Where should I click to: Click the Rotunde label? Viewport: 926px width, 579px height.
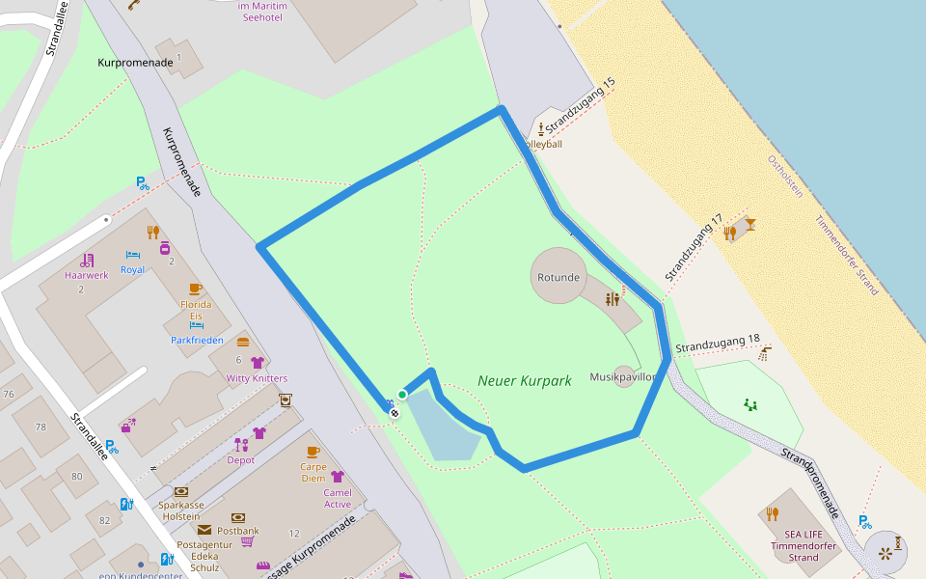tap(558, 278)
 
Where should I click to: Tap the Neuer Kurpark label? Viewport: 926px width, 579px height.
tap(525, 381)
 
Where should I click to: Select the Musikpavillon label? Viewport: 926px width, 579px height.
tap(623, 377)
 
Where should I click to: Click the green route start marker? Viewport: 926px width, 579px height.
tap(402, 395)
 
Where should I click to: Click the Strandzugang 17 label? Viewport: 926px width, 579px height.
tap(694, 248)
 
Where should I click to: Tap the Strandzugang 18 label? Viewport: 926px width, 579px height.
tap(718, 344)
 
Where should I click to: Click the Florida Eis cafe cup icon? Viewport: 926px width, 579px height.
tap(195, 289)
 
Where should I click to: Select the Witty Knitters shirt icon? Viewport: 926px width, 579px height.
tap(257, 363)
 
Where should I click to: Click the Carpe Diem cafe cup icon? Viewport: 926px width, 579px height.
tap(313, 452)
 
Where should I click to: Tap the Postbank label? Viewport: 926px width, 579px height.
tap(238, 531)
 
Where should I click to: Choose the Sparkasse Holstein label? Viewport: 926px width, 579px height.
tap(180, 510)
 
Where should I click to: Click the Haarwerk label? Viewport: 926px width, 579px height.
tap(87, 275)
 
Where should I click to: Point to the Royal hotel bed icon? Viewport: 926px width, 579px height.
tap(133, 255)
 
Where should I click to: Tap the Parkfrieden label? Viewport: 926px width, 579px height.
tap(197, 341)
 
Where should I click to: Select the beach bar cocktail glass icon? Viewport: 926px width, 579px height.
tap(749, 225)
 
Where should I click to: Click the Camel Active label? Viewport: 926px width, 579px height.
tap(338, 498)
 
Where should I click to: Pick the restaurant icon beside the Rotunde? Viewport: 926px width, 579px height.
tap(613, 299)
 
